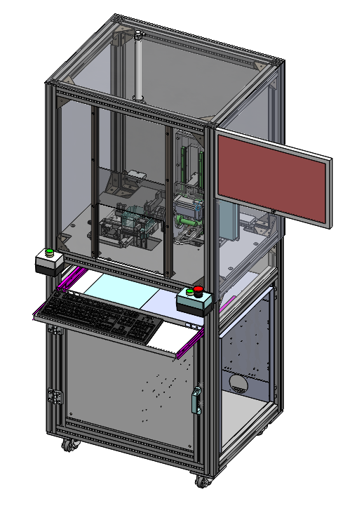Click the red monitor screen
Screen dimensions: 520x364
tap(272, 178)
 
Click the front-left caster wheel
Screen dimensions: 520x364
tap(68, 445)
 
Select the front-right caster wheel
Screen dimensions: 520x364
tap(202, 482)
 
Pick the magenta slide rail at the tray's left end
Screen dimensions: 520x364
tap(65, 284)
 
